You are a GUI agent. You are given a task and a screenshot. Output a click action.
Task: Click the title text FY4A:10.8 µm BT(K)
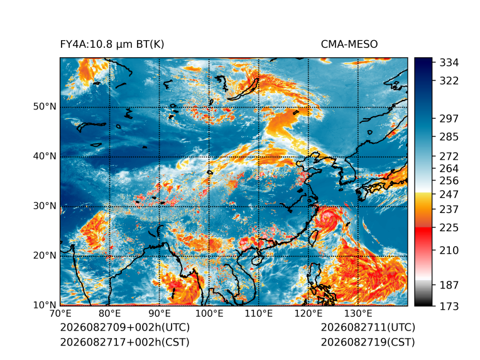pyautogui.click(x=112, y=45)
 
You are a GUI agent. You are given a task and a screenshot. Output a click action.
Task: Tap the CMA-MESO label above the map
pyautogui.click(x=349, y=45)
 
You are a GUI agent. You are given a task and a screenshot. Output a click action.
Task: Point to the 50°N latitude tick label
pyautogui.click(x=45, y=107)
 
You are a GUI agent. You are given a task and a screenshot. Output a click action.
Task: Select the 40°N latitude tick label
pyautogui.click(x=45, y=156)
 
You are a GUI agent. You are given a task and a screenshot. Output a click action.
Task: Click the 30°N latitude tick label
pyautogui.click(x=45, y=206)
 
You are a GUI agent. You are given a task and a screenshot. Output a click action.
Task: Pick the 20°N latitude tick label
pyautogui.click(x=45, y=256)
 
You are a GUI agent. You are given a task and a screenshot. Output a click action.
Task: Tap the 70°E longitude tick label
pyautogui.click(x=60, y=314)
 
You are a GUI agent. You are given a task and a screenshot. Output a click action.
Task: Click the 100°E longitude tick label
pyautogui.click(x=209, y=314)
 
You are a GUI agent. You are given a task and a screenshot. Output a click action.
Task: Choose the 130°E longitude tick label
pyautogui.click(x=358, y=314)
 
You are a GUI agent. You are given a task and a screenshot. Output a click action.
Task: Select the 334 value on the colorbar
pyautogui.click(x=449, y=63)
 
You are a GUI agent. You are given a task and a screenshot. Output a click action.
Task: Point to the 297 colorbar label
pyautogui.click(x=449, y=119)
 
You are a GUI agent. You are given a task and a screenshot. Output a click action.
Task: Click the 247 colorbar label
pyautogui.click(x=449, y=194)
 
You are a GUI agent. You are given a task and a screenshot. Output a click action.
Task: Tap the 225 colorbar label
pyautogui.click(x=449, y=228)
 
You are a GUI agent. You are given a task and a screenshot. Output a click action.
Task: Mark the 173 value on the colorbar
pyautogui.click(x=449, y=306)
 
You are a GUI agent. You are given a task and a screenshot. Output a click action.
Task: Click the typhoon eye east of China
pyautogui.click(x=328, y=217)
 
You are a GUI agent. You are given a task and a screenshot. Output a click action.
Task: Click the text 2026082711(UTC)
pyautogui.click(x=368, y=327)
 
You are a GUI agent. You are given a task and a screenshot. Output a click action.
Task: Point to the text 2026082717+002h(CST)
pyautogui.click(x=124, y=342)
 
